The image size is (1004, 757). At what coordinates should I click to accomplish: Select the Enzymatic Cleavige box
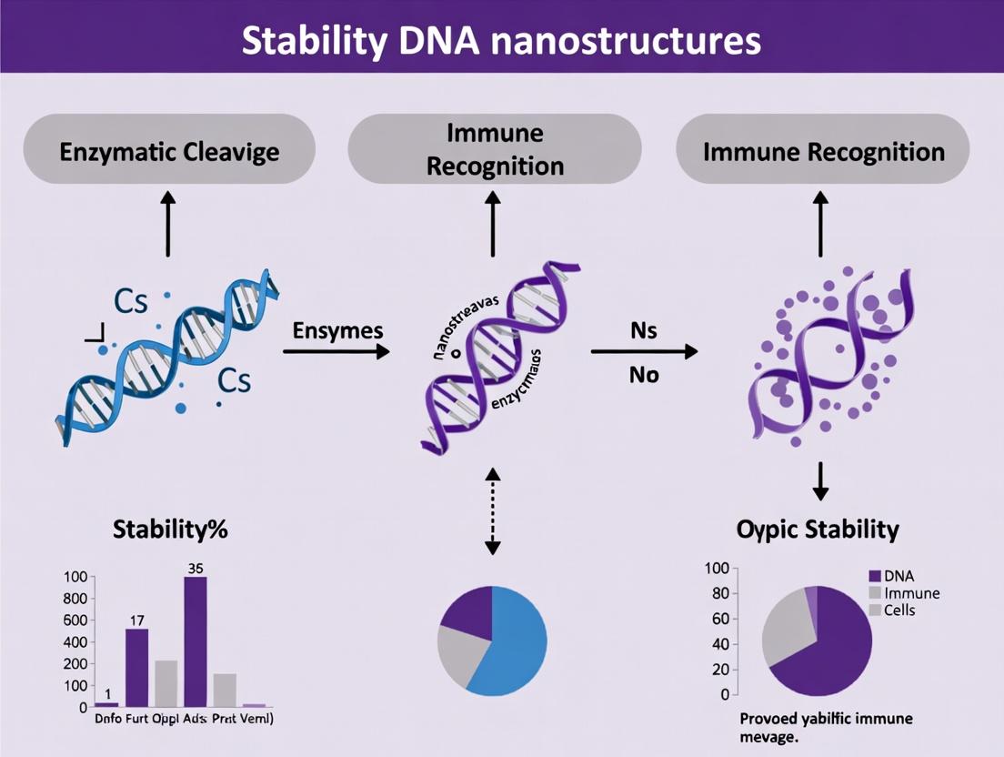click(x=169, y=150)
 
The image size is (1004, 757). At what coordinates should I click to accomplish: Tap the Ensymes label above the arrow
click(x=337, y=330)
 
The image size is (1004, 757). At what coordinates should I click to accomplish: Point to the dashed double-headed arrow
click(x=492, y=511)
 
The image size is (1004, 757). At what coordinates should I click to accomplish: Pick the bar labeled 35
click(x=196, y=641)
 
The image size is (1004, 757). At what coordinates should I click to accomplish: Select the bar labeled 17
click(x=136, y=668)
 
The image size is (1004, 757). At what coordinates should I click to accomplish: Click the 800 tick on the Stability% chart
click(x=75, y=599)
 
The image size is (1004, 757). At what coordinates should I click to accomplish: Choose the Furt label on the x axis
click(x=137, y=720)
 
